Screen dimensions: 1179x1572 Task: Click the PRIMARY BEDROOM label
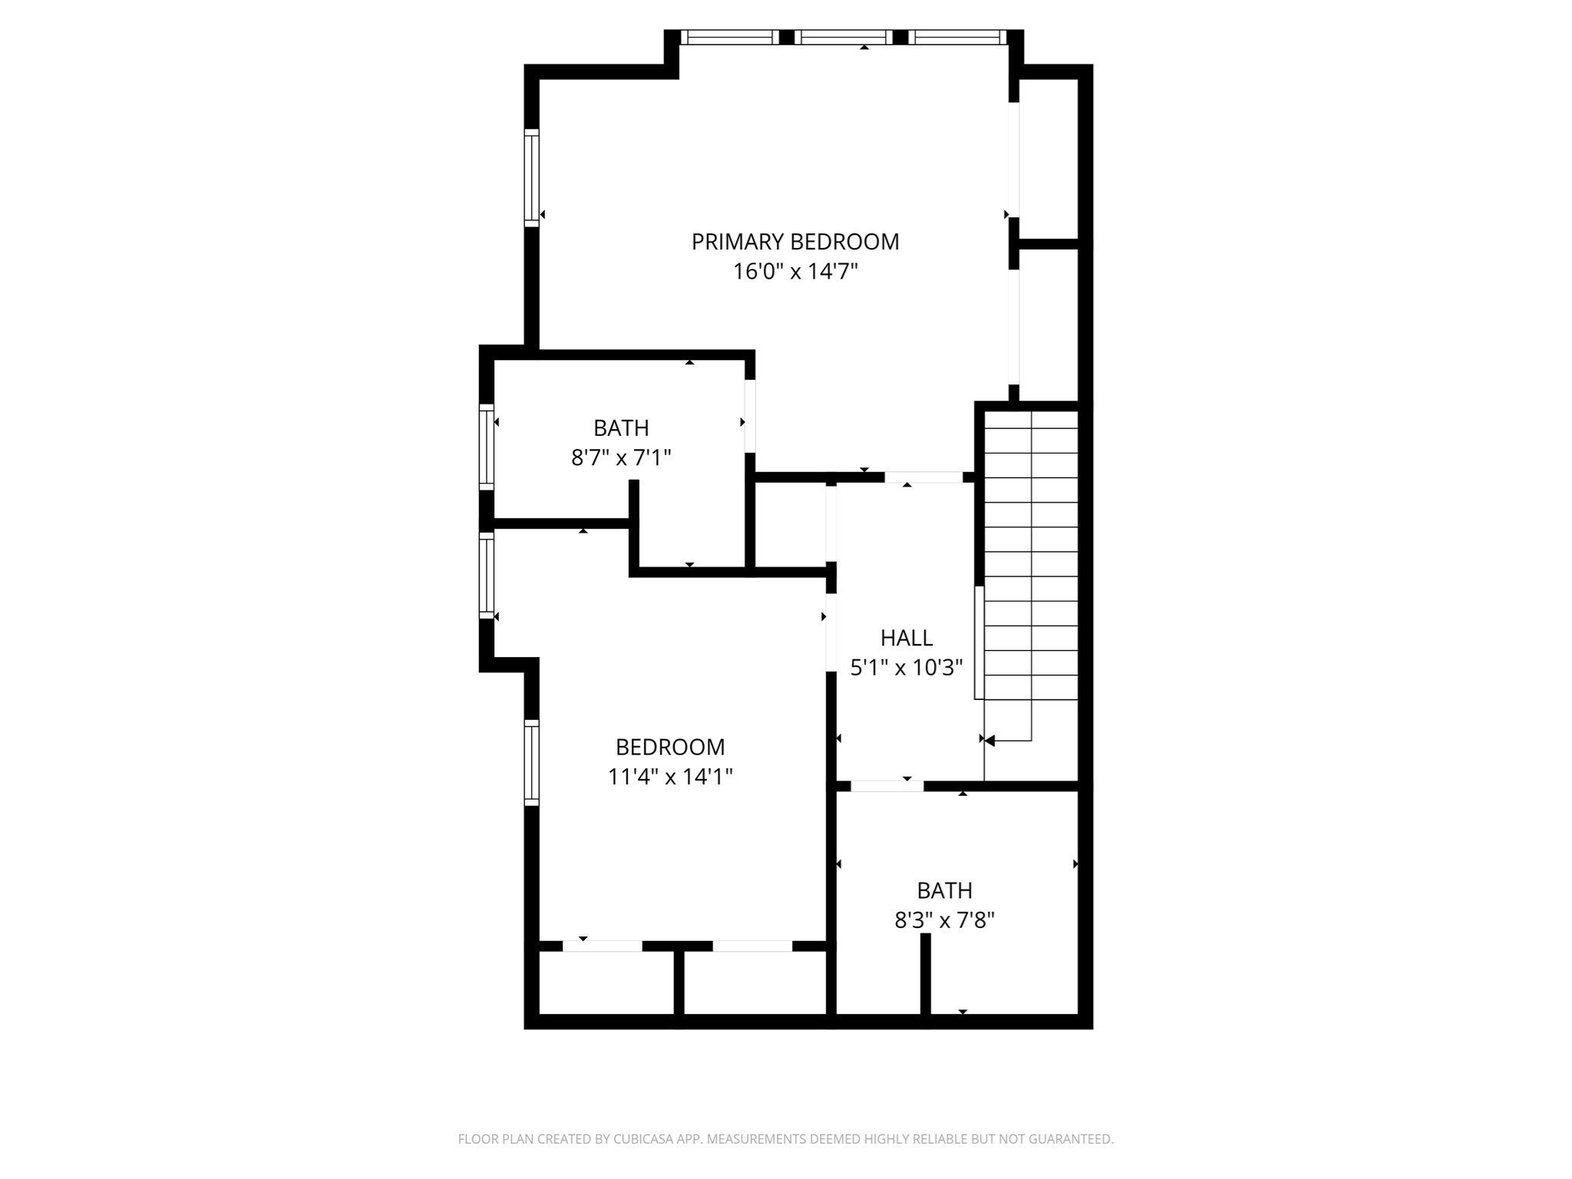click(795, 242)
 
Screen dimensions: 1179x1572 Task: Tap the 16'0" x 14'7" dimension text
click(795, 272)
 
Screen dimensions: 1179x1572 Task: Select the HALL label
click(907, 638)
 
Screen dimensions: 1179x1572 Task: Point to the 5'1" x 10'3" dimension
click(907, 668)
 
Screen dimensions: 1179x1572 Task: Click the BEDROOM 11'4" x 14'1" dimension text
click(670, 777)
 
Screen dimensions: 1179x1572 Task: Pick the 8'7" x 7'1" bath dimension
click(621, 457)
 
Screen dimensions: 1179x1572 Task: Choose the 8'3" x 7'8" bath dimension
click(944, 920)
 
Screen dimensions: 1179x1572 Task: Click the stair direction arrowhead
click(989, 741)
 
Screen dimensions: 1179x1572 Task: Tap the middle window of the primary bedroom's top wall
click(843, 37)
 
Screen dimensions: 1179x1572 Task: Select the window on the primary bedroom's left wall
click(531, 177)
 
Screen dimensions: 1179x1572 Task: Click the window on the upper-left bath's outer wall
click(486, 446)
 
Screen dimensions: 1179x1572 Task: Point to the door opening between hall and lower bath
click(887, 786)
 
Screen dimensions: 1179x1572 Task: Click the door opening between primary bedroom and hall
click(923, 477)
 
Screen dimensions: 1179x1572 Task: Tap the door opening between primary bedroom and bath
click(750, 415)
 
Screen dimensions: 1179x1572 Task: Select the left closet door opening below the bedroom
click(603, 946)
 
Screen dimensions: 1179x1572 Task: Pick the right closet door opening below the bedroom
click(752, 946)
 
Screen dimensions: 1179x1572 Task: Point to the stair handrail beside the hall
click(979, 642)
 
